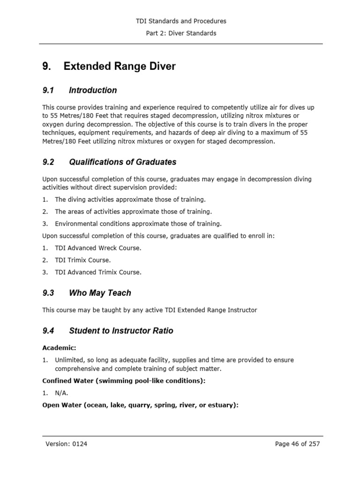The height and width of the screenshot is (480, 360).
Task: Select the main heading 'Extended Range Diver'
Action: click(120, 66)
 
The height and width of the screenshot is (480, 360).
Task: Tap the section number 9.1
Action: click(48, 90)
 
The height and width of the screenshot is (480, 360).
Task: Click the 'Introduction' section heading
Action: click(93, 90)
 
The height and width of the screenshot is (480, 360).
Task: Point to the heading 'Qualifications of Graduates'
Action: click(122, 162)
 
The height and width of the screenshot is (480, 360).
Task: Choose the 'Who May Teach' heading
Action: click(100, 293)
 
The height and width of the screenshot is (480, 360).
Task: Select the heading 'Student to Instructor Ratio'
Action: click(121, 330)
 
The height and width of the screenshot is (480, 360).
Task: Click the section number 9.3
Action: click(48, 293)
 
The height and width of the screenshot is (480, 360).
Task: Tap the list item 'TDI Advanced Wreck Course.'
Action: click(97, 248)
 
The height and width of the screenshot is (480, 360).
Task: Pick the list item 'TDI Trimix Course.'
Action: click(82, 260)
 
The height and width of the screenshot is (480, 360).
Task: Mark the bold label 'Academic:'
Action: click(59, 348)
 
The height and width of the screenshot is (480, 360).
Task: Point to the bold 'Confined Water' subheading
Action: click(124, 381)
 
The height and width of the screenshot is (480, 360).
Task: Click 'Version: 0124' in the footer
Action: click(66, 444)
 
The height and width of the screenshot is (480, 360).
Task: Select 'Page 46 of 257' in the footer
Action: click(297, 444)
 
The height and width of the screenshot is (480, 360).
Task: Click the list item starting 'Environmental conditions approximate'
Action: click(138, 224)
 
